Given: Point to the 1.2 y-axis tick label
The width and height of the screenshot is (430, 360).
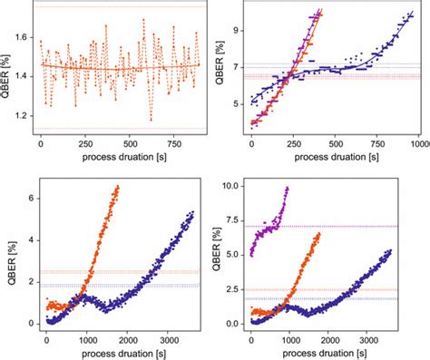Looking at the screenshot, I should pyautogui.click(x=21, y=115).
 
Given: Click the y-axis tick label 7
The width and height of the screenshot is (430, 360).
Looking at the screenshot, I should pyautogui.click(x=240, y=68).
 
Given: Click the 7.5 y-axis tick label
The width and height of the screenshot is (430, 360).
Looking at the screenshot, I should pyautogui.click(x=237, y=219).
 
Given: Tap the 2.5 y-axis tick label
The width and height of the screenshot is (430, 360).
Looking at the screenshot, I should pyautogui.click(x=237, y=289).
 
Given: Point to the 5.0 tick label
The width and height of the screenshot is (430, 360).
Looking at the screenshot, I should pyautogui.click(x=237, y=255).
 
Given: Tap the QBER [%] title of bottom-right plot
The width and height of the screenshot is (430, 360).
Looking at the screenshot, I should pyautogui.click(x=220, y=254).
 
